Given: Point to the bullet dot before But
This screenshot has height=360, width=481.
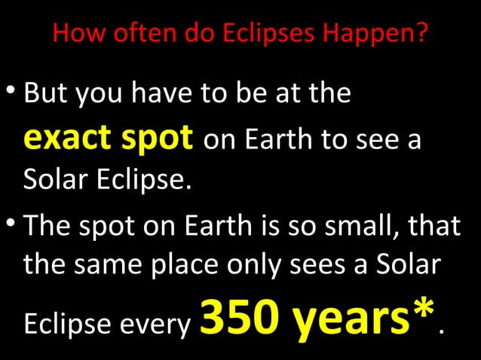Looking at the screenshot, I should pyautogui.click(x=11, y=93).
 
